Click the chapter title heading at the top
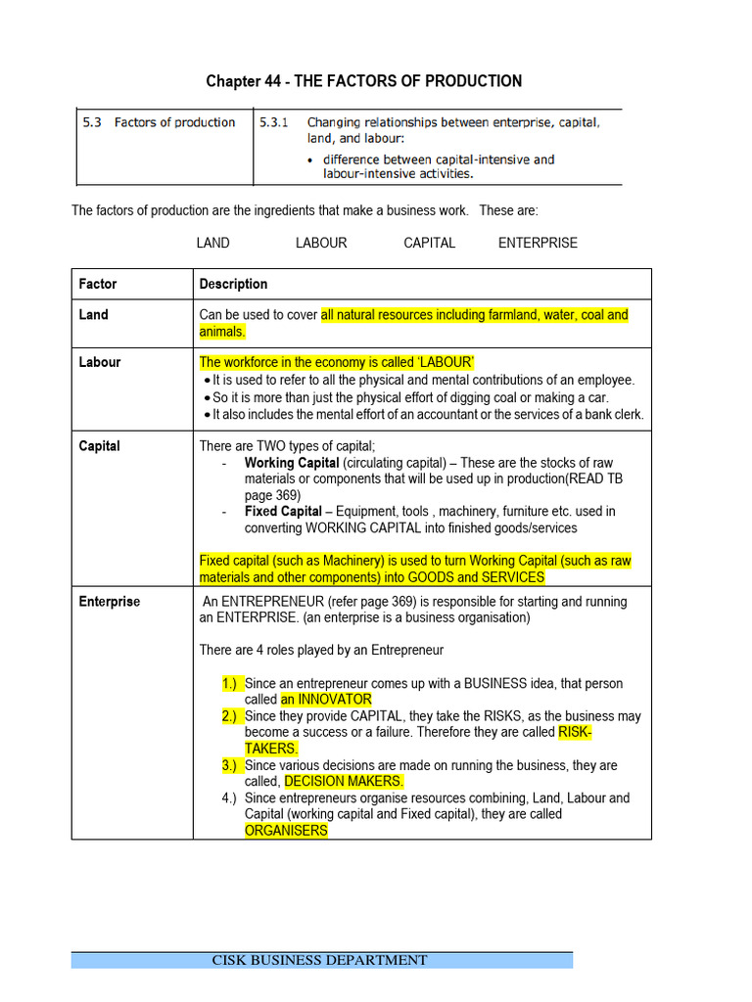(363, 81)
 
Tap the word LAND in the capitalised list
(212, 243)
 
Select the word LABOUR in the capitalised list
(321, 243)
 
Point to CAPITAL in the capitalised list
(429, 243)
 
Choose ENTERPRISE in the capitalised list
(538, 243)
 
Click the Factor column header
(98, 284)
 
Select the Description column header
(233, 284)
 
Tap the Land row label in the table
(94, 315)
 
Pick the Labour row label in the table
(100, 362)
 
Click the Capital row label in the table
(100, 446)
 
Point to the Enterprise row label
(110, 602)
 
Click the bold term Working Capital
(292, 463)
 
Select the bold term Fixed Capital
(283, 512)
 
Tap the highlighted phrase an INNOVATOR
(326, 700)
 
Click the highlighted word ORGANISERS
(286, 831)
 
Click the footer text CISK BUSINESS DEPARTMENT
(320, 960)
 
